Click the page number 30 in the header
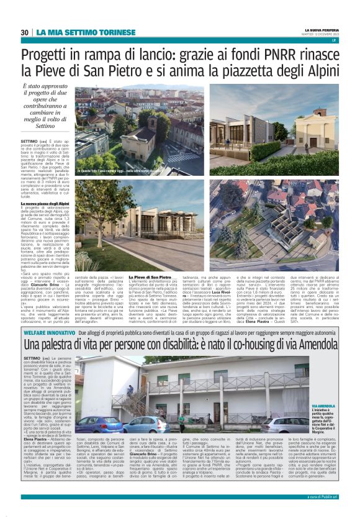click(24, 32)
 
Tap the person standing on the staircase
click(130, 391)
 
